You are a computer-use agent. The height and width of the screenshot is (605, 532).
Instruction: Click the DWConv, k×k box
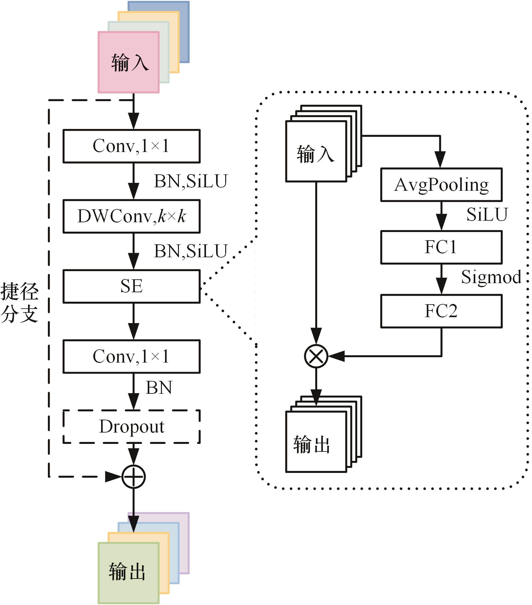131,216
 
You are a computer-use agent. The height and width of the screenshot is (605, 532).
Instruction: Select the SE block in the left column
131,286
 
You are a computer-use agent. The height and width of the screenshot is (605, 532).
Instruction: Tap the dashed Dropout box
131,427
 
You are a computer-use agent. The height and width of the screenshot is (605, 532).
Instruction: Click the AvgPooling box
441,185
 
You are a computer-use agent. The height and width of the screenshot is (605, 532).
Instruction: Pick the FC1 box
441,247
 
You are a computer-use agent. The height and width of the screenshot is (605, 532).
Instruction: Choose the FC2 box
441,311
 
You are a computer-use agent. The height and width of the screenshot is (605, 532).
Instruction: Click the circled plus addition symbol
134,477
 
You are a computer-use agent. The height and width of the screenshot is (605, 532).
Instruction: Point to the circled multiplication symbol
316,356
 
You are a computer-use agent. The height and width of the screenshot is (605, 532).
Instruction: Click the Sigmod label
491,277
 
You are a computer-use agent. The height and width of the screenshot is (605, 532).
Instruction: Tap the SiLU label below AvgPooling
487,215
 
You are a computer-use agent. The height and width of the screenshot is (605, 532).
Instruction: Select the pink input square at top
129,62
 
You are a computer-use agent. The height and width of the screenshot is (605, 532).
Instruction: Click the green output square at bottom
128,573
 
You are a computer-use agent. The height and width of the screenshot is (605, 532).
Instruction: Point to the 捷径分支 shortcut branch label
20,303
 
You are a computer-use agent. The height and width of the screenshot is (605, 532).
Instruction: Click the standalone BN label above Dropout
159,388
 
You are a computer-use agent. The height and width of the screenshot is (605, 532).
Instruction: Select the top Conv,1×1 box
131,146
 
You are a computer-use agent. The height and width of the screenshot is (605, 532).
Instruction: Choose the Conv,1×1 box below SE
131,357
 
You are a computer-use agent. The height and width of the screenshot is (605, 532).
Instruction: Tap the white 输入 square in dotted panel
316,152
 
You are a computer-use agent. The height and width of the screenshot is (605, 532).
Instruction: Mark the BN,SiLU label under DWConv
191,251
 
